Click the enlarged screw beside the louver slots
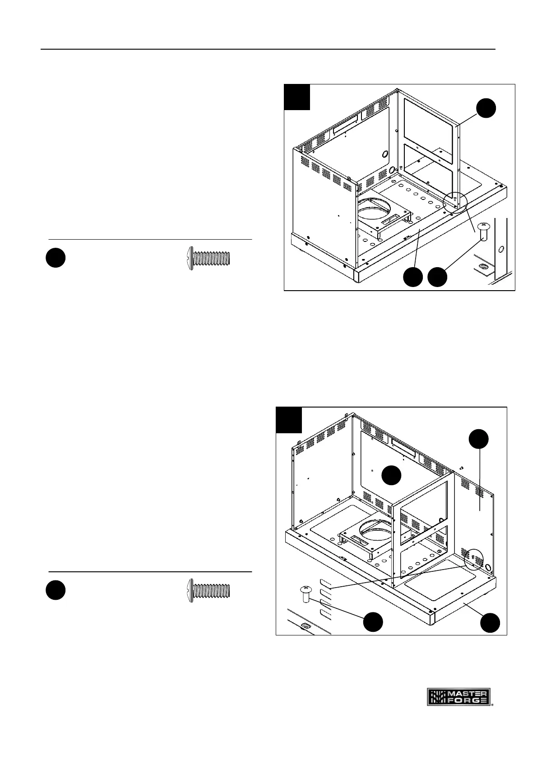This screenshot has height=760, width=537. (306, 593)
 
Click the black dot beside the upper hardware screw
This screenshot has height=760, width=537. (56, 258)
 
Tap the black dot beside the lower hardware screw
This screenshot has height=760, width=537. (56, 590)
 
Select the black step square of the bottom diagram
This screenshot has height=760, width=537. (289, 420)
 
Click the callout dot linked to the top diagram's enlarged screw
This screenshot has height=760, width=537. (437, 277)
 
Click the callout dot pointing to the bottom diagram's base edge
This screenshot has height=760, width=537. (490, 622)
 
